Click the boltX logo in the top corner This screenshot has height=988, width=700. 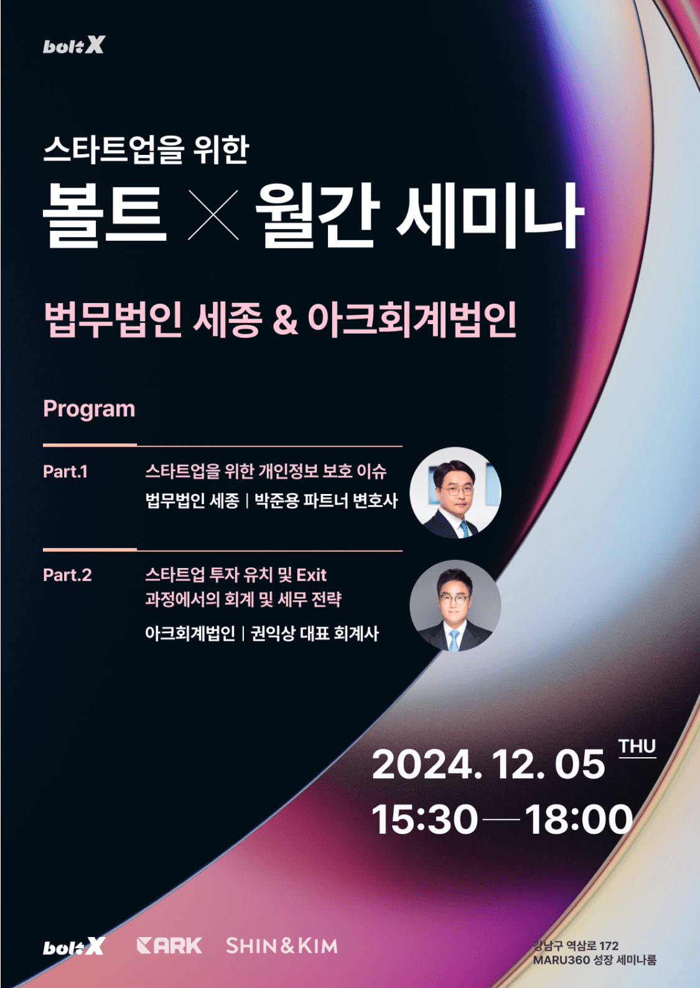coord(74,45)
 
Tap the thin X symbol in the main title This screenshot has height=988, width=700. coord(213,215)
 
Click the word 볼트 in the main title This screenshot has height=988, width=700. coord(105,215)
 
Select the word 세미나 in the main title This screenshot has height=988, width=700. coord(490,215)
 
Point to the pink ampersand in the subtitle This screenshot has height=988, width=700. coord(285,319)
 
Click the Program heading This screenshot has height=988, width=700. coord(89,409)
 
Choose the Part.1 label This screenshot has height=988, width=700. coord(65,472)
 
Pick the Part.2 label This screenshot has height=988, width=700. coord(67,575)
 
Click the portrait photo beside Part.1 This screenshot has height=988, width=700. coord(455,493)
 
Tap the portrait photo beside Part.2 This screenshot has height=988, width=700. coord(455,606)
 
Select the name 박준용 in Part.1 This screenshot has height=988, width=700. coord(277,501)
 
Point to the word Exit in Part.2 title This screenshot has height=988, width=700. coord(312,575)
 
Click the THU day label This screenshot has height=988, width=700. coord(637,747)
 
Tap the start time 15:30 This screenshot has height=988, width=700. coord(424,819)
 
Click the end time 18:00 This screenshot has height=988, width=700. coord(579,819)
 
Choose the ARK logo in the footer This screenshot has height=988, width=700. coord(169,946)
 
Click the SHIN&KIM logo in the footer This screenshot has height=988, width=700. coord(282,946)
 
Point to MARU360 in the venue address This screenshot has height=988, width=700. coord(561,960)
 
